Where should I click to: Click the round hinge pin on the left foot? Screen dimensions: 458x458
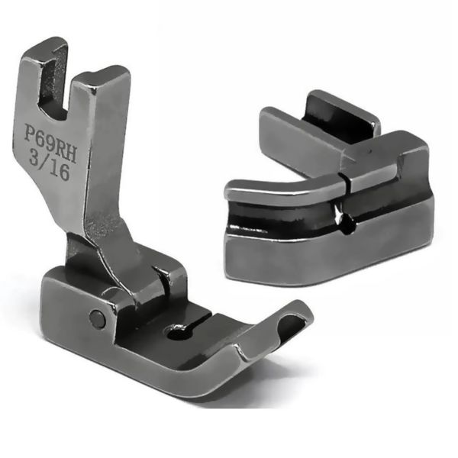(96, 318)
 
